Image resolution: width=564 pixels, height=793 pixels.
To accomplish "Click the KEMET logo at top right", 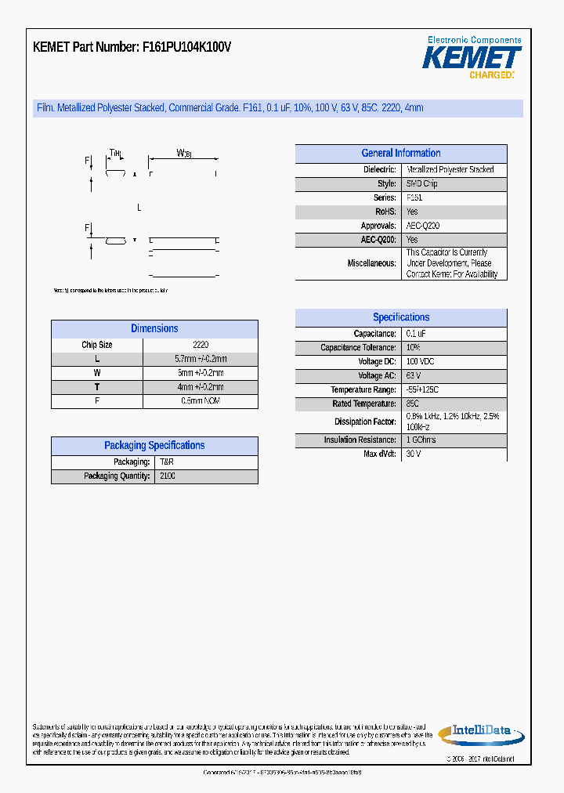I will [472, 58].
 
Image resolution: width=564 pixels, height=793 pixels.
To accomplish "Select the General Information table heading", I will [400, 154].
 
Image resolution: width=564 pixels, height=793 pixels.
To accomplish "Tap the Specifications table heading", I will [400, 317].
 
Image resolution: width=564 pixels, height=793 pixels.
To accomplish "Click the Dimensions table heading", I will [154, 328].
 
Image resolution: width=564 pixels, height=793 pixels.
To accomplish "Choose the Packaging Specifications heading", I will [154, 445].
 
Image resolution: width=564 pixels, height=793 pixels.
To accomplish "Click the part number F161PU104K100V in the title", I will [186, 47].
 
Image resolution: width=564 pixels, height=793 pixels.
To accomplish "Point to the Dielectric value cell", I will [450, 169].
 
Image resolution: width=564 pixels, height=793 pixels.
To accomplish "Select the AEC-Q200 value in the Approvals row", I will [423, 226].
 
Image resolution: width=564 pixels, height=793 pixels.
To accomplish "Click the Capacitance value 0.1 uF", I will [416, 334].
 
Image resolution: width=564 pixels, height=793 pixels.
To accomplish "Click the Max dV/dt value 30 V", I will [414, 454].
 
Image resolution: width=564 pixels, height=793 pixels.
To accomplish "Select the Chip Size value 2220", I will [200, 345].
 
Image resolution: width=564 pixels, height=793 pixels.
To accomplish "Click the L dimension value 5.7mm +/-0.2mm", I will [200, 359].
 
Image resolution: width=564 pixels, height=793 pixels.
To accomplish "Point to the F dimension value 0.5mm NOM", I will [200, 401].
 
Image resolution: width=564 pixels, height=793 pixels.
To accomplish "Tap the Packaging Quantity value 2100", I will [168, 476].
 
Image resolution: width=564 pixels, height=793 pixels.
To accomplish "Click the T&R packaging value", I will [167, 462].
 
